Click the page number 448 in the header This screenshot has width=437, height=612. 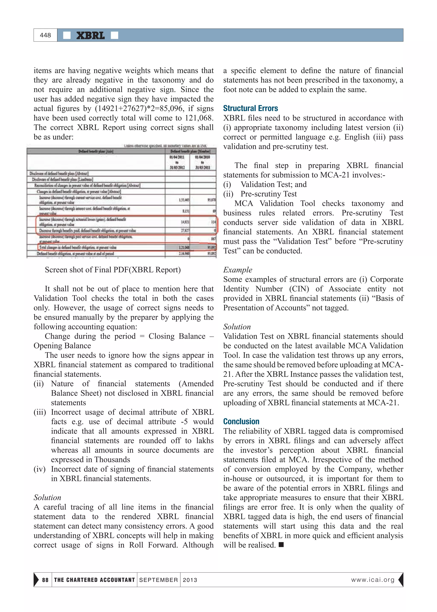click(x=45, y=35)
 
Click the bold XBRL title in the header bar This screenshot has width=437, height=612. click(x=90, y=35)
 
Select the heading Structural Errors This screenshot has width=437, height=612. click(x=250, y=108)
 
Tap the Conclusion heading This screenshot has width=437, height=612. click(x=241, y=421)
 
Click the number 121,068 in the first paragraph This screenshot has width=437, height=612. click(x=199, y=118)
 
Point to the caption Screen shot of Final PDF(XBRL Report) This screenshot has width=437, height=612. click(x=113, y=270)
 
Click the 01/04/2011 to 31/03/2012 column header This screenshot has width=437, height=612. click(x=177, y=162)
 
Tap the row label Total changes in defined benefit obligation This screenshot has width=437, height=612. click(x=78, y=247)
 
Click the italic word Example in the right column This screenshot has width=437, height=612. click(x=238, y=270)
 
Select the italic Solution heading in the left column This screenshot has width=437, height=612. click(x=47, y=497)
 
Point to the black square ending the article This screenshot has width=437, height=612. click(x=281, y=545)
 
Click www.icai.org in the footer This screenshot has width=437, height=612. click(x=373, y=580)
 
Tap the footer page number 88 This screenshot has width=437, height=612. click(x=45, y=580)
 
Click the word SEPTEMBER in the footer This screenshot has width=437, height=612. click(x=159, y=580)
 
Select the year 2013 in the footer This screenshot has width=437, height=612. click(x=190, y=580)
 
